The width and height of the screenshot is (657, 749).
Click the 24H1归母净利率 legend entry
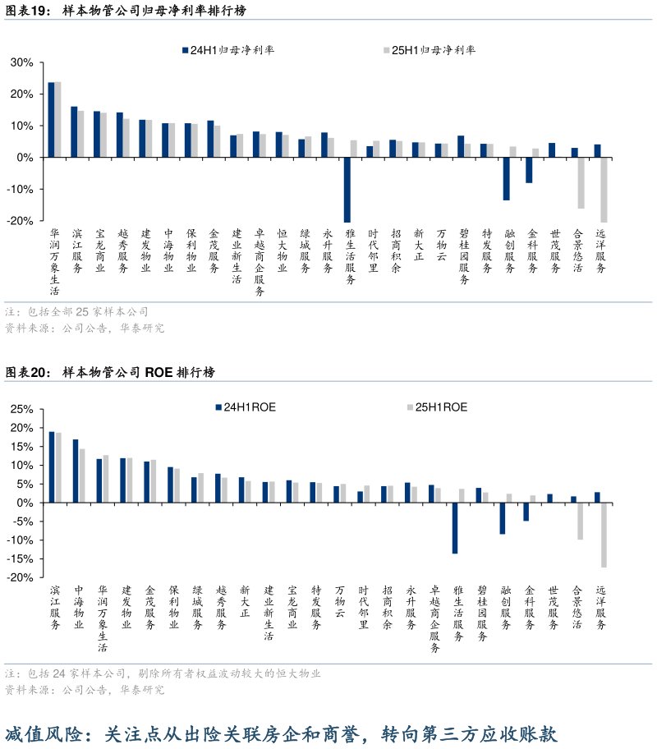229,50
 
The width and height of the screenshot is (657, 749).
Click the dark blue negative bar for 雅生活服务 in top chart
347,189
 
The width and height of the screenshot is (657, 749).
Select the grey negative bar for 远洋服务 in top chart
604,189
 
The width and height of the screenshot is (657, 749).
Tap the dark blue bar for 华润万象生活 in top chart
51,119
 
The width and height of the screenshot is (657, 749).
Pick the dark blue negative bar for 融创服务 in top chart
506,178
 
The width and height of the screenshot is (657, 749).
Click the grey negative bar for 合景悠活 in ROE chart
580,521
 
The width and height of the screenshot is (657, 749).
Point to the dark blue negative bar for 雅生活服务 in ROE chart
455,527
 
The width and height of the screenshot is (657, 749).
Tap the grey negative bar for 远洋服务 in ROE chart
604,535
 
